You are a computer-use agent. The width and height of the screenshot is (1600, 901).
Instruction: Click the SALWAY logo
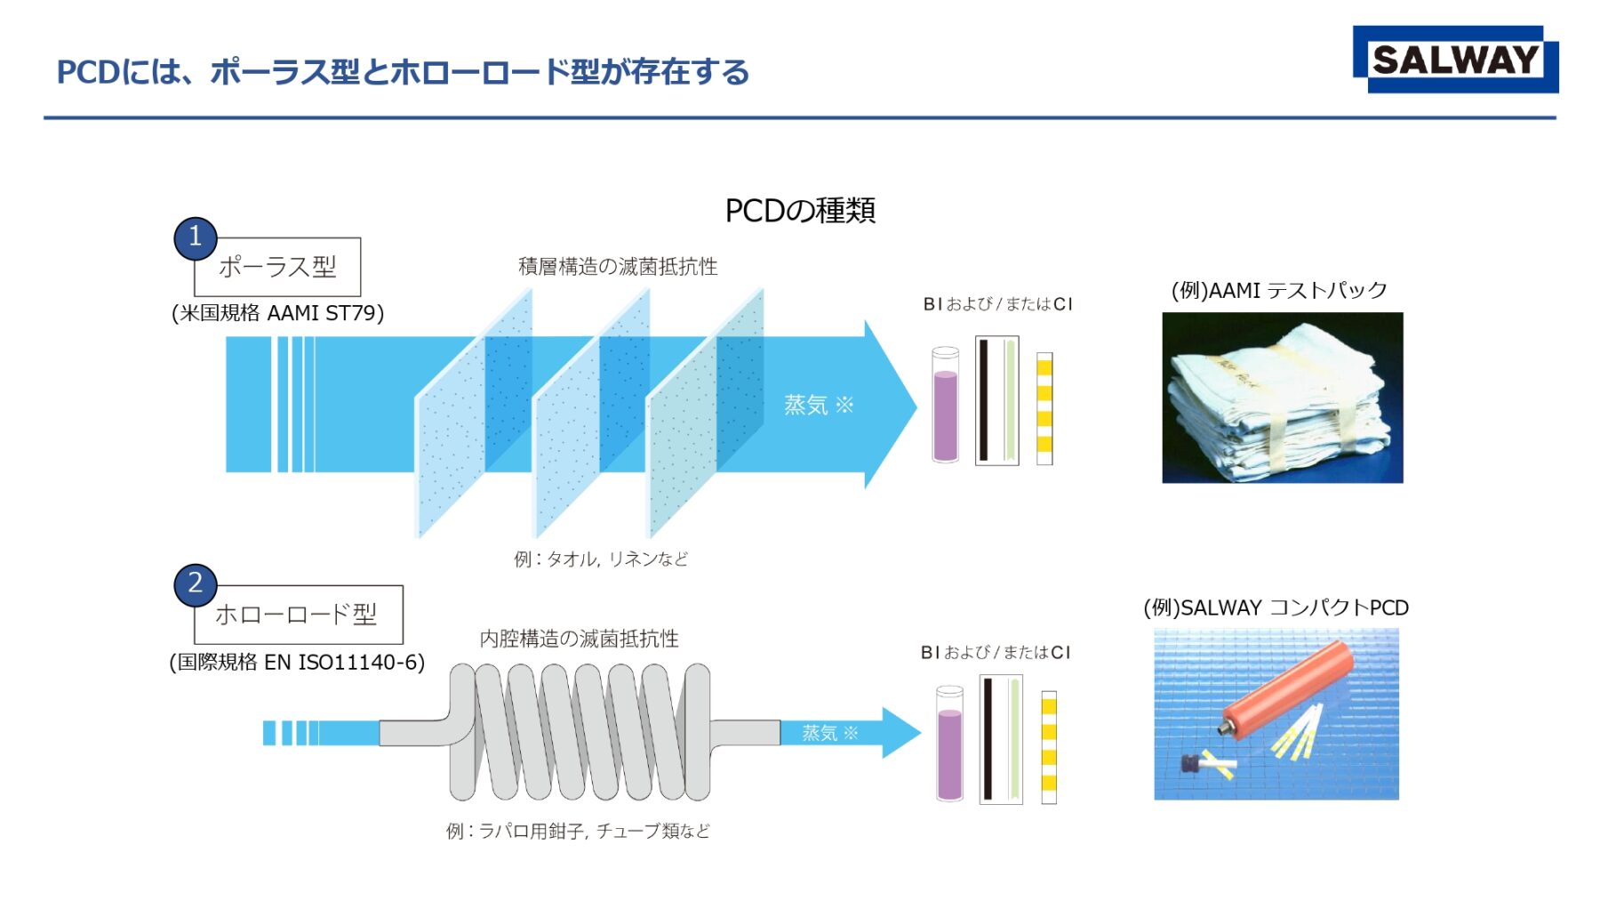click(1455, 60)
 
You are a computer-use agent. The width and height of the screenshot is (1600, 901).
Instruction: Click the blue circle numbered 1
click(196, 237)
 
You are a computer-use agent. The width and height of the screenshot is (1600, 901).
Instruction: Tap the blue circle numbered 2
click(196, 584)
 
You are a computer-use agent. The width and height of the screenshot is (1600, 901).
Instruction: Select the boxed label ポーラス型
click(277, 267)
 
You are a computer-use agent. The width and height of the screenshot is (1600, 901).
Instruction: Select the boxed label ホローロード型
click(298, 615)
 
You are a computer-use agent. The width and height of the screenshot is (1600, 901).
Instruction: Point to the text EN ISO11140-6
click(344, 663)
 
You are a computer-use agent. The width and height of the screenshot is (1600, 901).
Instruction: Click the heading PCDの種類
click(800, 211)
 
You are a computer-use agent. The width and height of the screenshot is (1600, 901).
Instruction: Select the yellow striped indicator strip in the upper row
click(1044, 408)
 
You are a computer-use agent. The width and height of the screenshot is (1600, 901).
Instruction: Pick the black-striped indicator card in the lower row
click(1000, 739)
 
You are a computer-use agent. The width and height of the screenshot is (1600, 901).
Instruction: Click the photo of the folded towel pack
click(1282, 398)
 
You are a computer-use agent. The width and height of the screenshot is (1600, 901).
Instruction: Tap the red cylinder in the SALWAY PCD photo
click(1287, 689)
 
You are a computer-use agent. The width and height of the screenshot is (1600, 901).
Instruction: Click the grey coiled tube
click(578, 732)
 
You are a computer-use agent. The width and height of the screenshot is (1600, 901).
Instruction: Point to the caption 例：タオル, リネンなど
click(601, 559)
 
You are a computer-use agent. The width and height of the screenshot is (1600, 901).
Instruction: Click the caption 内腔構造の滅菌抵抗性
click(579, 639)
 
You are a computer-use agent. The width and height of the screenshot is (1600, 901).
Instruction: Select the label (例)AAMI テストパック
click(1278, 291)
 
